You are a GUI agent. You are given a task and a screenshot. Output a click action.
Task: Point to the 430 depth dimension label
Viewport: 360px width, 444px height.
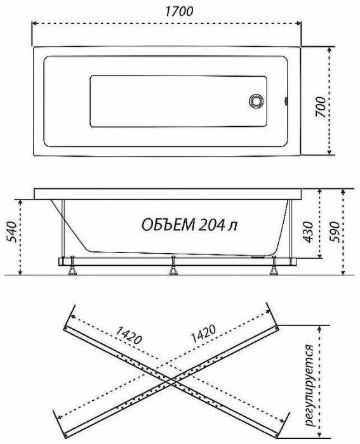(x=308, y=232)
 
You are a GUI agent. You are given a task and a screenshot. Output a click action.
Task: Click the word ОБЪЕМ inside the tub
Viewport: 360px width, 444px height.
(x=167, y=225)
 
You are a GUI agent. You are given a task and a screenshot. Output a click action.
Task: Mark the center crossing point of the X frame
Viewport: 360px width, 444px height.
(x=171, y=378)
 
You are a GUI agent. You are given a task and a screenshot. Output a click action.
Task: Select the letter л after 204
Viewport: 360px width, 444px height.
(x=237, y=225)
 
